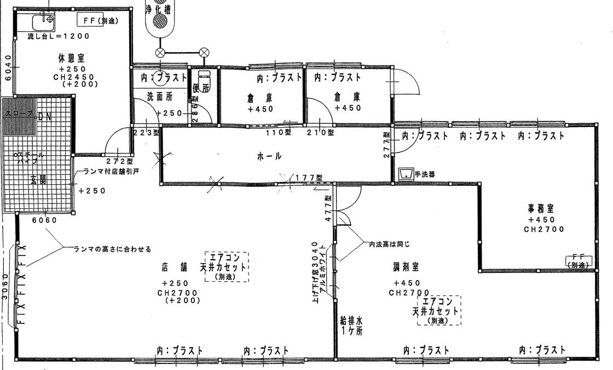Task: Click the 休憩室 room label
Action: (74, 57)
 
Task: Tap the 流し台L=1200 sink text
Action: (58, 36)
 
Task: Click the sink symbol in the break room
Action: (42, 22)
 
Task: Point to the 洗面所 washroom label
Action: (160, 96)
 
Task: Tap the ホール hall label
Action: (269, 156)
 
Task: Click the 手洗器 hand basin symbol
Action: (405, 174)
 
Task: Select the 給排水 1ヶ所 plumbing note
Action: (351, 326)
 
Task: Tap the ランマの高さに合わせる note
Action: (112, 248)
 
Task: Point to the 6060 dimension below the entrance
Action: (44, 220)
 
